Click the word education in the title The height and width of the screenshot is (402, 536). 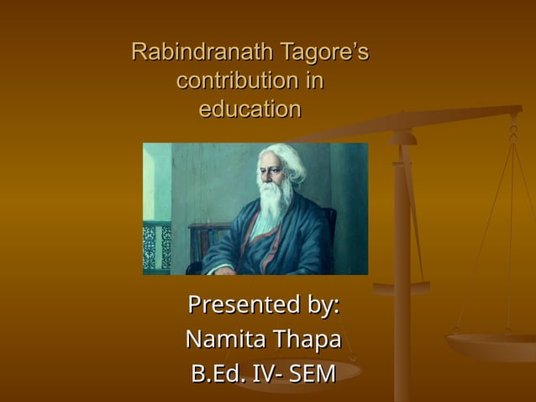pyautogui.click(x=250, y=109)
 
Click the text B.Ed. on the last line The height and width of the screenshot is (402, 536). pyautogui.click(x=218, y=373)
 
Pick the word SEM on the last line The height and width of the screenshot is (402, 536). pyautogui.click(x=312, y=373)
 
